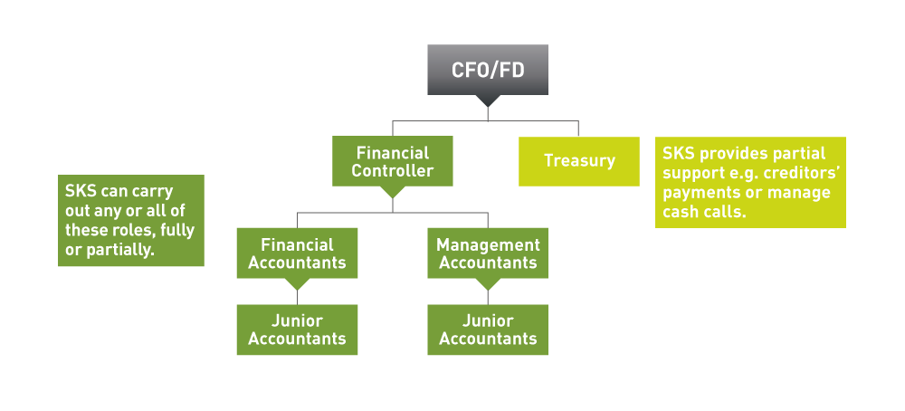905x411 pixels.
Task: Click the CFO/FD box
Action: coord(487,70)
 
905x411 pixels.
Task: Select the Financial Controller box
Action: coord(392,161)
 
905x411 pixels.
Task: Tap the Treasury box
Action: coord(578,161)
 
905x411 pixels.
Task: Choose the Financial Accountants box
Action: coord(297,253)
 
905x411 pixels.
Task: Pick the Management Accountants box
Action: coord(488,253)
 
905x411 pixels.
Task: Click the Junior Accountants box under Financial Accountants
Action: coord(297,330)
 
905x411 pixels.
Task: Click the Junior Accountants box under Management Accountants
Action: coord(488,330)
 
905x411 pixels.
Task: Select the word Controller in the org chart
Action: coord(392,170)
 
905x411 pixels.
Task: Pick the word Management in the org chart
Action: coord(488,244)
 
